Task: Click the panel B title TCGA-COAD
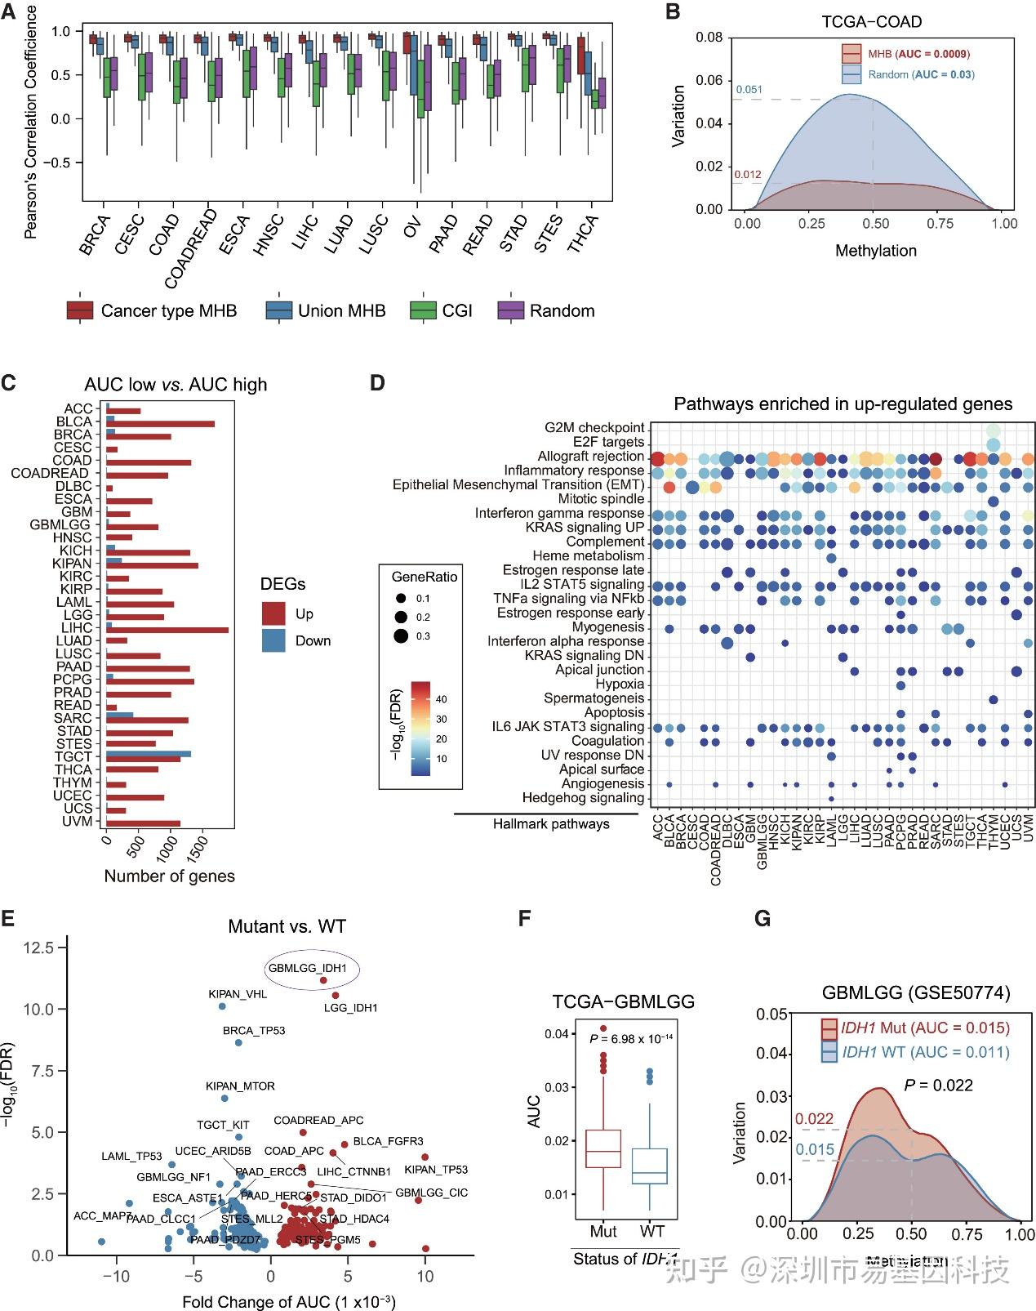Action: (x=872, y=22)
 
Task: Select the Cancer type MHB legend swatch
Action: (x=80, y=311)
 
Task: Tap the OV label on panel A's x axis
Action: (x=412, y=228)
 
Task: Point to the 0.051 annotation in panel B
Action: (x=749, y=90)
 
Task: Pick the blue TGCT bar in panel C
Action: (x=149, y=754)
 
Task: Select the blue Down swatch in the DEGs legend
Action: (x=273, y=640)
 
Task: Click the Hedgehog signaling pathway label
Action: (x=583, y=798)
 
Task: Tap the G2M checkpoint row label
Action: (x=594, y=428)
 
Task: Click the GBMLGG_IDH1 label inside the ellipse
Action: (x=307, y=969)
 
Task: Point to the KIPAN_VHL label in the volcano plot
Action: (x=238, y=994)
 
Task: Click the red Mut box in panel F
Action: (x=603, y=1148)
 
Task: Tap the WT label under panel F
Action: (x=651, y=1231)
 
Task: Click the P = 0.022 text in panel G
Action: (x=938, y=1086)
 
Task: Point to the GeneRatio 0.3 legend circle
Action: (x=400, y=636)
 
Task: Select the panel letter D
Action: (x=377, y=382)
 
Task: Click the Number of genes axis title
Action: (x=169, y=876)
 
